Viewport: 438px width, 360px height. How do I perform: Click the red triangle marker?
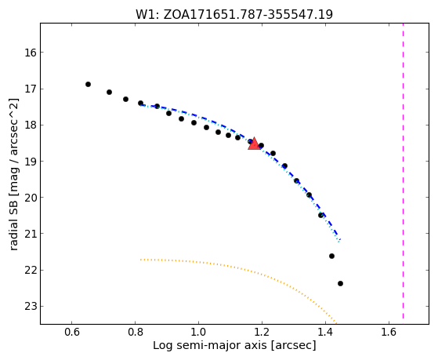click(254, 144)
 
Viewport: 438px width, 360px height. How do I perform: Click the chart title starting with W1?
click(234, 14)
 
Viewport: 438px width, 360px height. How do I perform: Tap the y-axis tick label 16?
click(31, 53)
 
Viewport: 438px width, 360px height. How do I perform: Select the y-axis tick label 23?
click(31, 307)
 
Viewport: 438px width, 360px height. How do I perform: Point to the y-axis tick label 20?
click(31, 198)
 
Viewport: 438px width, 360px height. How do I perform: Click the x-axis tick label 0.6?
click(72, 333)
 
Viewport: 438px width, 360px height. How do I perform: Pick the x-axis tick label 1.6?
click(389, 333)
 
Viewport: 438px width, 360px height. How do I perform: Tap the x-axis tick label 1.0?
click(198, 333)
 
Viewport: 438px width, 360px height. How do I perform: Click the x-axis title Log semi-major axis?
click(234, 346)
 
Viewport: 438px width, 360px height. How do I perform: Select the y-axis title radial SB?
click(14, 174)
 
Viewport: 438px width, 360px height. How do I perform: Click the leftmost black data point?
click(88, 84)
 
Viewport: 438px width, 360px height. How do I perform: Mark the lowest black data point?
click(340, 283)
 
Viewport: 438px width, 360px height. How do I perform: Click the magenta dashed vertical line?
click(403, 171)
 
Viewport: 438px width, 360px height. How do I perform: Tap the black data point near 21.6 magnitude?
click(331, 256)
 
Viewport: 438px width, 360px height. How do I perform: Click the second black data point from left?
click(109, 92)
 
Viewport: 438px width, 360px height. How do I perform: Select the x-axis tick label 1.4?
click(325, 333)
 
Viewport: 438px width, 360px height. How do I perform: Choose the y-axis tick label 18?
click(31, 125)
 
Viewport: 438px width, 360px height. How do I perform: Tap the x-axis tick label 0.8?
click(136, 333)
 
